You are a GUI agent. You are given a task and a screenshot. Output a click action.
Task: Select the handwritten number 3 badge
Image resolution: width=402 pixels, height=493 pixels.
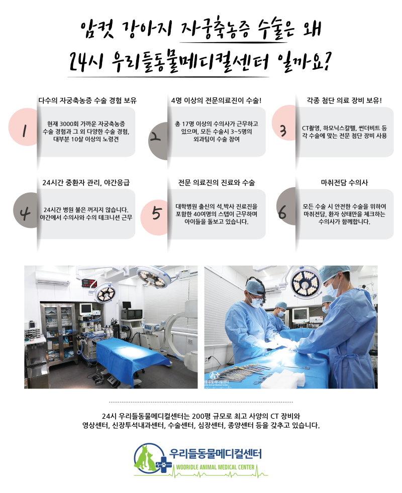(x=283, y=131)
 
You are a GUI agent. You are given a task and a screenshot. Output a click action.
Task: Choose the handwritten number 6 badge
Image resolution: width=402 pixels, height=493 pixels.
(x=282, y=212)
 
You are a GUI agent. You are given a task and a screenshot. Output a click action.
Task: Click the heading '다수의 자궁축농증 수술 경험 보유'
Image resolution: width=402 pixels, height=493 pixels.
(x=87, y=100)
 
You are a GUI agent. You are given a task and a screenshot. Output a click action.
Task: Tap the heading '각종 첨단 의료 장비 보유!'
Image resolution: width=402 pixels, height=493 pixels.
(x=344, y=100)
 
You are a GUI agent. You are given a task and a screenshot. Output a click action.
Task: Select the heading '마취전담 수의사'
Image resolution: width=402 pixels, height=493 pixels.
(x=344, y=183)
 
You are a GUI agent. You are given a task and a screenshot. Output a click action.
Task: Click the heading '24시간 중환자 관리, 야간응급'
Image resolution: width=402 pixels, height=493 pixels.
(x=86, y=183)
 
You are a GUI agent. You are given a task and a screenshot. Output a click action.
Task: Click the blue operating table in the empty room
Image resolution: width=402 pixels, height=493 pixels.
(x=140, y=354)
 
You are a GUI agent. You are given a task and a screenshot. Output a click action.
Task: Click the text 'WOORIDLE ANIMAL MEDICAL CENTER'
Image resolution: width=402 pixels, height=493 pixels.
(x=216, y=467)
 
